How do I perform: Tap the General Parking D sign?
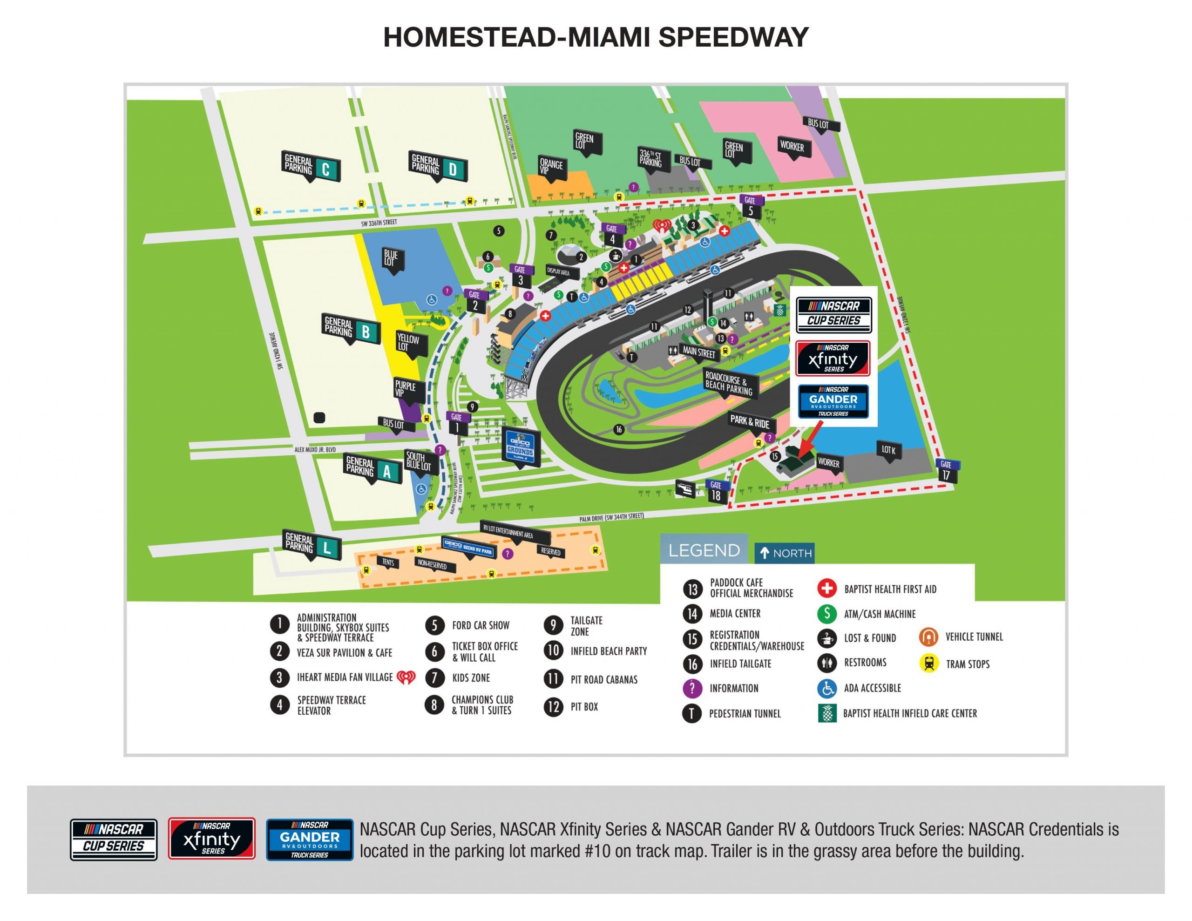(437, 167)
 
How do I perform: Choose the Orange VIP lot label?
(552, 167)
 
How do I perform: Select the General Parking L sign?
(312, 544)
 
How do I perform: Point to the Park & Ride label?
(749, 421)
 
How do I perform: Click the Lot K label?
(888, 450)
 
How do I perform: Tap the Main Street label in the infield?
(698, 352)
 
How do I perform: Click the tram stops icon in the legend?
(928, 664)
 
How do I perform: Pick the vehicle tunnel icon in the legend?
(928, 637)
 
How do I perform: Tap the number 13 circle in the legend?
(692, 589)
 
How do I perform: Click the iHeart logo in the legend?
(406, 677)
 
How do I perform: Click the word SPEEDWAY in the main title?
(733, 37)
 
